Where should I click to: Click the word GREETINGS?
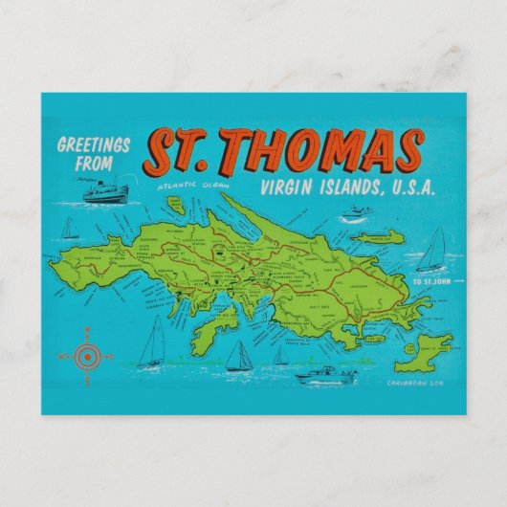click(94, 145)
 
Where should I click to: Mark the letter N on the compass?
click(86, 330)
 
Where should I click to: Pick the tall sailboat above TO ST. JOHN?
click(432, 251)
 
